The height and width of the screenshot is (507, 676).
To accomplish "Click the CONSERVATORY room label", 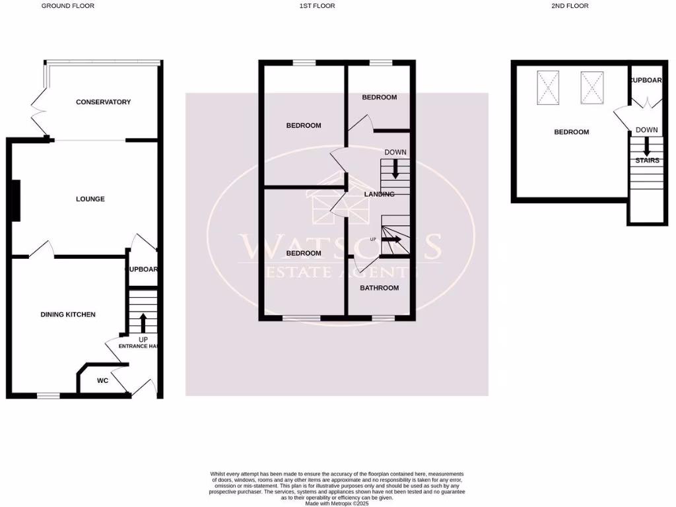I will [103, 102].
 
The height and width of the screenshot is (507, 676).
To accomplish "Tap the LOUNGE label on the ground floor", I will [90, 199].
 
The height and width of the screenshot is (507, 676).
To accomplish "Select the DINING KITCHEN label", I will [68, 315].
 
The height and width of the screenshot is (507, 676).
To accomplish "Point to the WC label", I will [102, 381].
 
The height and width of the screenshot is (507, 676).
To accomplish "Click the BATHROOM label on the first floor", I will [379, 288].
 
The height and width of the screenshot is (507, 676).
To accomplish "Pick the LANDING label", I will [379, 194].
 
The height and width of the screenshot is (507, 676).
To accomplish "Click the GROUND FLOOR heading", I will [68, 6].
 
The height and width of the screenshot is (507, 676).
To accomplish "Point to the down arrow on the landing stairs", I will [395, 170].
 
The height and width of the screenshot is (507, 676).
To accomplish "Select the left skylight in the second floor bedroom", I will [547, 86].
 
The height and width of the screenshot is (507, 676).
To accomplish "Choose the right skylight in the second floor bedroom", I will [591, 86].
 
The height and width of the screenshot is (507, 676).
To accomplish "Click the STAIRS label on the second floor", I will [647, 160].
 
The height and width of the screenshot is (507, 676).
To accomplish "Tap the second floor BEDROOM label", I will [571, 132].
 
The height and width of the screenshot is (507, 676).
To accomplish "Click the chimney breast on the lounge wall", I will [16, 201].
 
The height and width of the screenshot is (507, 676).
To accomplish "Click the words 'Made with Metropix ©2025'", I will [337, 503].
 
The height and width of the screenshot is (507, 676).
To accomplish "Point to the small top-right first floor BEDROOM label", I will [379, 97].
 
